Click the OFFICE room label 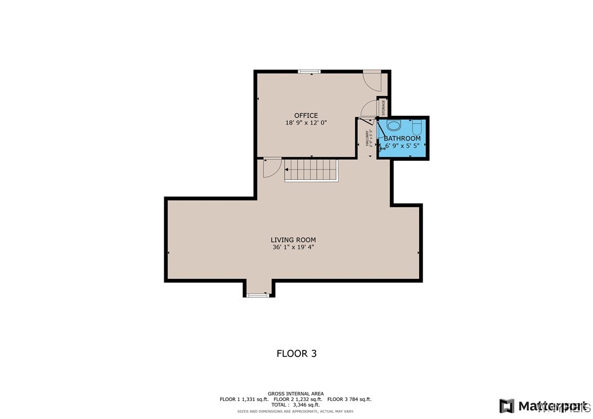tap(306, 115)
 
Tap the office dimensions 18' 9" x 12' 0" tap(306, 123)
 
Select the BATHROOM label tap(402, 138)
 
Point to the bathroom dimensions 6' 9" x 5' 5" tap(403, 146)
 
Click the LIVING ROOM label tap(293, 240)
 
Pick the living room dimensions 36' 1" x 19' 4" tap(293, 247)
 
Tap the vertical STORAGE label tap(384, 107)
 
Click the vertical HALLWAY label tap(367, 138)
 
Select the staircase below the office tap(311, 169)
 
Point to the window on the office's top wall tap(309, 71)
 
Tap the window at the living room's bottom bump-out tap(258, 295)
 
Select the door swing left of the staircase tap(272, 168)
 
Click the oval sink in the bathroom tap(393, 125)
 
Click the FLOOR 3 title tap(296, 353)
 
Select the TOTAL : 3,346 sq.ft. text tap(296, 404)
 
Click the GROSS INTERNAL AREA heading tap(295, 394)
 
